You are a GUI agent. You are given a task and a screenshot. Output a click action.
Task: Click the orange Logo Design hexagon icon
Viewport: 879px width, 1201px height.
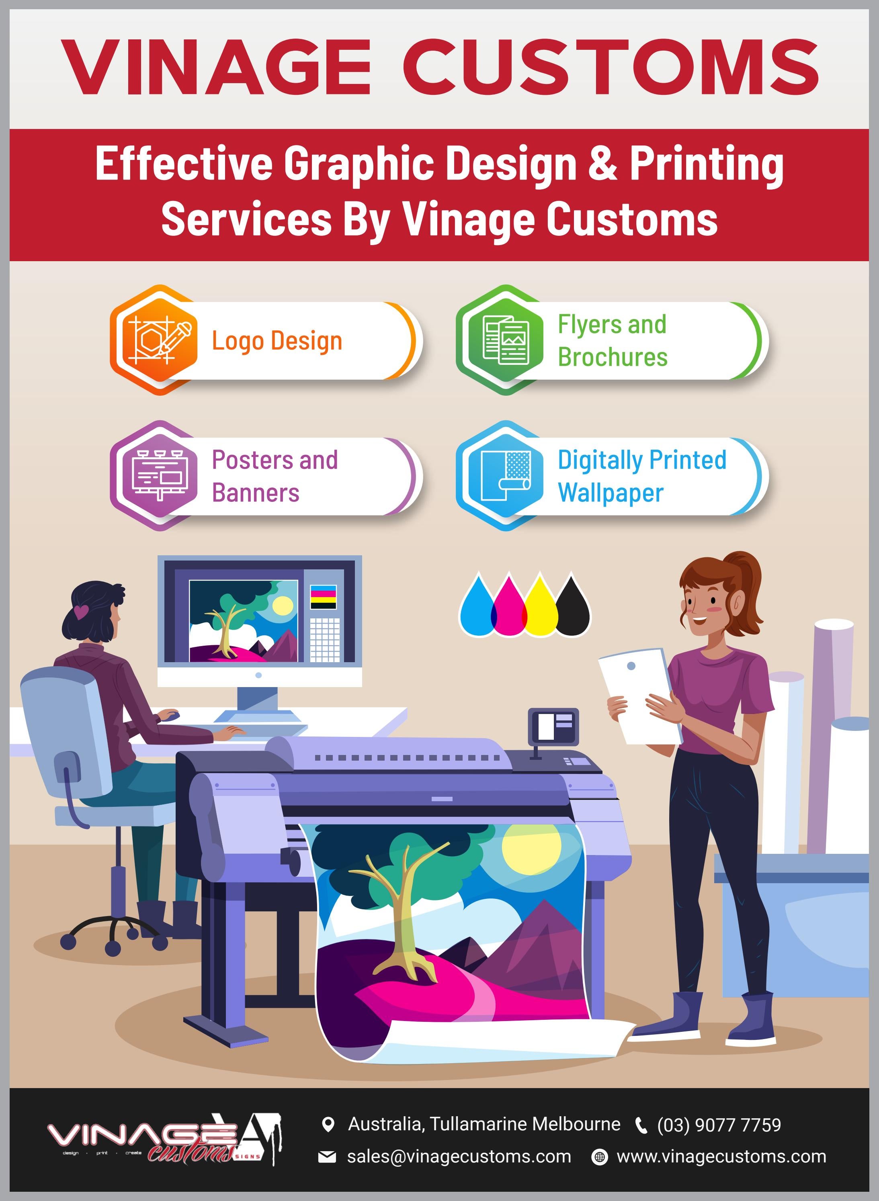[x=159, y=340]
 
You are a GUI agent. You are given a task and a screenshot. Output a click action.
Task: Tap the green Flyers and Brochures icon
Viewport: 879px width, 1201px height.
[x=506, y=340]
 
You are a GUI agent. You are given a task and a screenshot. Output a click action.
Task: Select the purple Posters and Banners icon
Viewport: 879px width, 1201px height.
[x=159, y=475]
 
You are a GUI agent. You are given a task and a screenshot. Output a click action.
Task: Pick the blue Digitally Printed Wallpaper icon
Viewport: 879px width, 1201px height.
[x=506, y=475]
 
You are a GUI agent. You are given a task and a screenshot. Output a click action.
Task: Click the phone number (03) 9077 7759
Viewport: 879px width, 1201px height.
[x=719, y=1125]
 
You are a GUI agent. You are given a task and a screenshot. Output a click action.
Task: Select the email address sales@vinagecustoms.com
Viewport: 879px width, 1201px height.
[x=459, y=1156]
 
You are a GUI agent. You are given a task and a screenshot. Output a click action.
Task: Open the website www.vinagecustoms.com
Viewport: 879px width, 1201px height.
[x=721, y=1156]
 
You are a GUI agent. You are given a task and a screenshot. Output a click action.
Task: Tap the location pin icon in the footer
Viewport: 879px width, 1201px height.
[x=328, y=1124]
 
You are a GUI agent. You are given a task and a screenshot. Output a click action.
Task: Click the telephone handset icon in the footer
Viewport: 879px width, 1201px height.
[x=642, y=1125]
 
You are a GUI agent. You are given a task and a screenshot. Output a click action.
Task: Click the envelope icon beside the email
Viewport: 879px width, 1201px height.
[x=327, y=1157]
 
